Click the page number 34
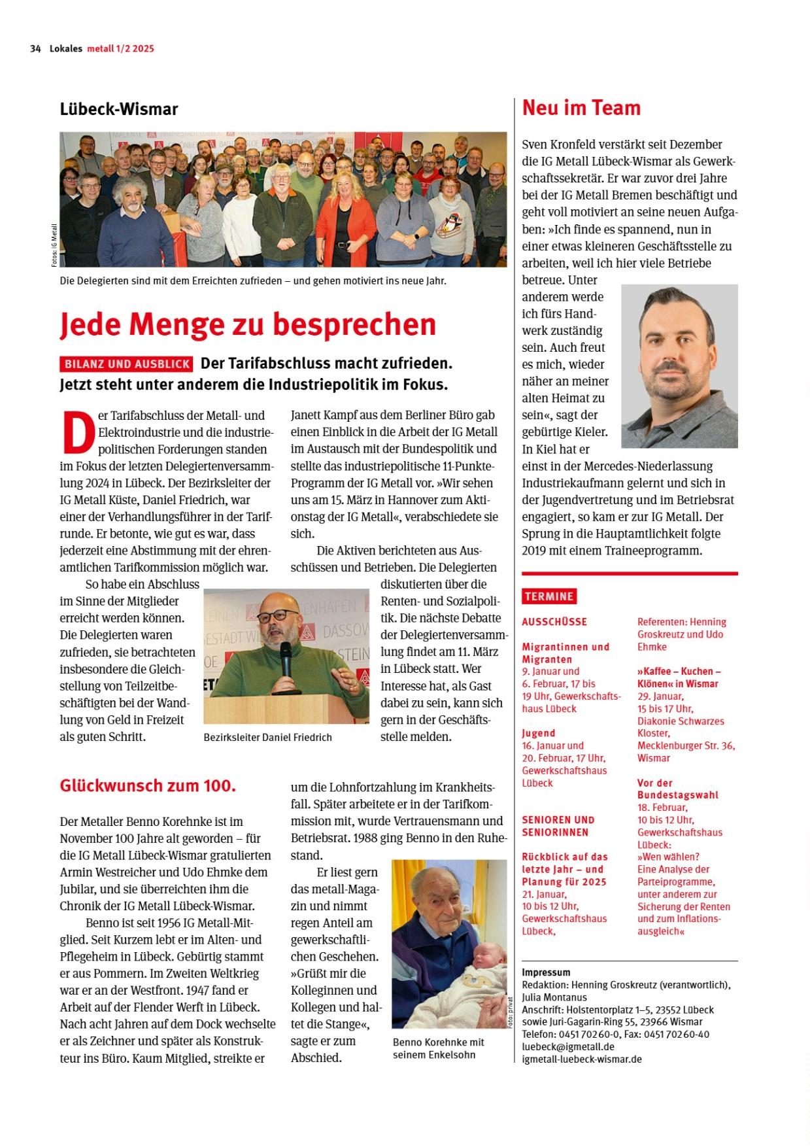[x=35, y=48]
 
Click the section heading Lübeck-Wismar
[x=119, y=109]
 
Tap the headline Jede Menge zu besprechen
[x=248, y=324]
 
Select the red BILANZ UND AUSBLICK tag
[x=127, y=364]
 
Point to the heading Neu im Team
[x=581, y=108]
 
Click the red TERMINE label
[x=549, y=596]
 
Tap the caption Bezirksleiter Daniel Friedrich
[x=268, y=738]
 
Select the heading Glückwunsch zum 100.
[x=148, y=785]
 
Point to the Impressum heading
[x=546, y=972]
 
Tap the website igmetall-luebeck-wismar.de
[x=582, y=1059]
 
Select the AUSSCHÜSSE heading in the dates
[x=554, y=622]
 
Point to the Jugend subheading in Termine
[x=539, y=733]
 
